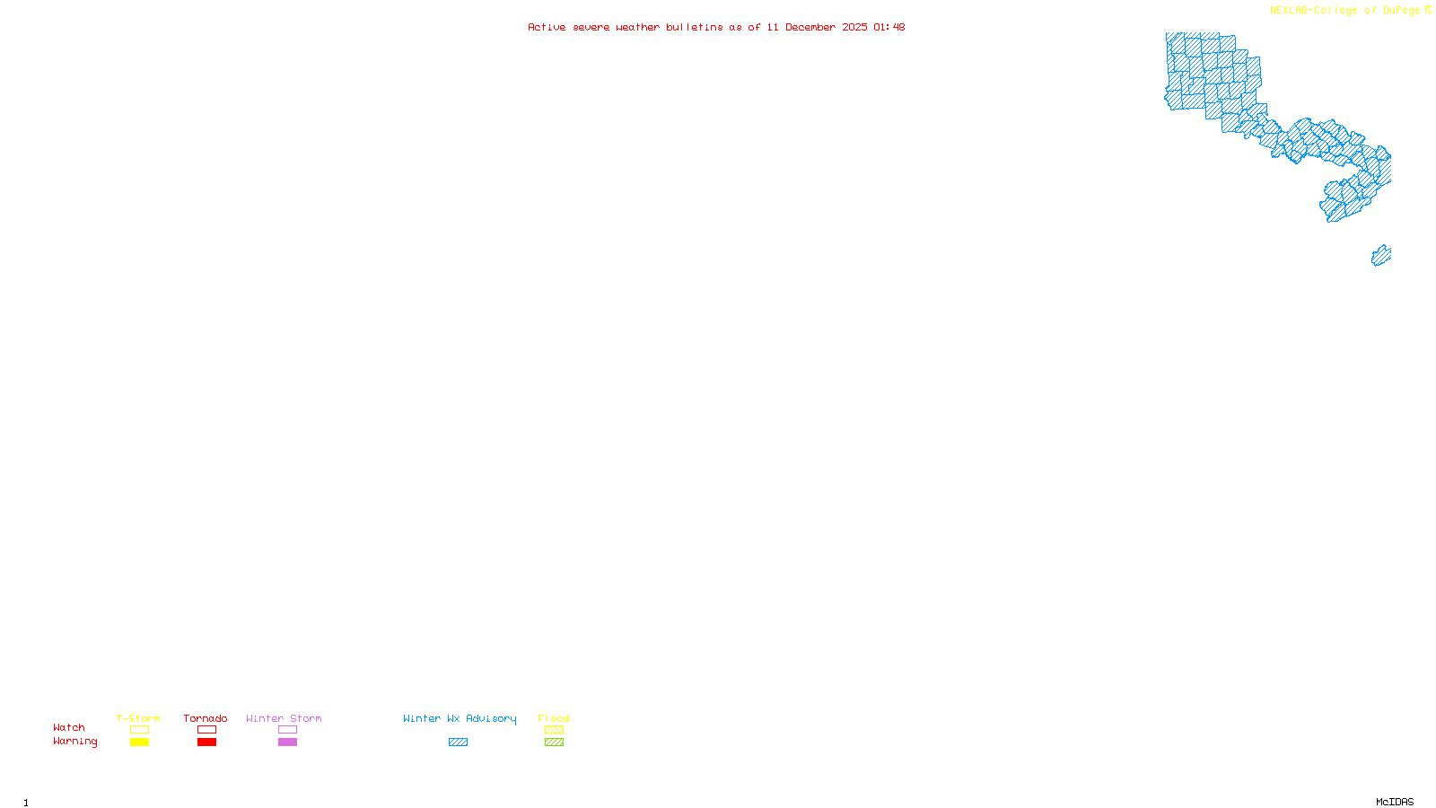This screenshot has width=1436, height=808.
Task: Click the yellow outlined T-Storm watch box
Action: pos(139,730)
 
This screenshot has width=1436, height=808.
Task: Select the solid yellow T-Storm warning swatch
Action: pos(139,742)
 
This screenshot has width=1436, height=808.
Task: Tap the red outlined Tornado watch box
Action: pos(206,730)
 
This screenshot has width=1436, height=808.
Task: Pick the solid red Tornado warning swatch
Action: pos(206,742)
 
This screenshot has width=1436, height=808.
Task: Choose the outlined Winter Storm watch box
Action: pos(287,730)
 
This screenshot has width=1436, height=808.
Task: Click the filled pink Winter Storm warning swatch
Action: pos(287,742)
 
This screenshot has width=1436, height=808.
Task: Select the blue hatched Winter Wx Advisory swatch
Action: pos(458,742)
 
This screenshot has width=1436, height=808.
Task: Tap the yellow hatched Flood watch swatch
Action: pos(554,730)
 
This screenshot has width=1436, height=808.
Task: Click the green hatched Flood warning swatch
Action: pos(554,742)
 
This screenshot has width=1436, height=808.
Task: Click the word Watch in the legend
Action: pos(69,728)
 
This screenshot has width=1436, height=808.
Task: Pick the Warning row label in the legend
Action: pos(75,742)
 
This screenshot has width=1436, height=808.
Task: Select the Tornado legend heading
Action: pos(206,718)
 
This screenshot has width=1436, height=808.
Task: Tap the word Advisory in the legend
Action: pos(491,718)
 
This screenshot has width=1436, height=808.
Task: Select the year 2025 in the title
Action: pos(854,27)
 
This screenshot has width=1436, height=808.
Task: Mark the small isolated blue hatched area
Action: pos(1381,256)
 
